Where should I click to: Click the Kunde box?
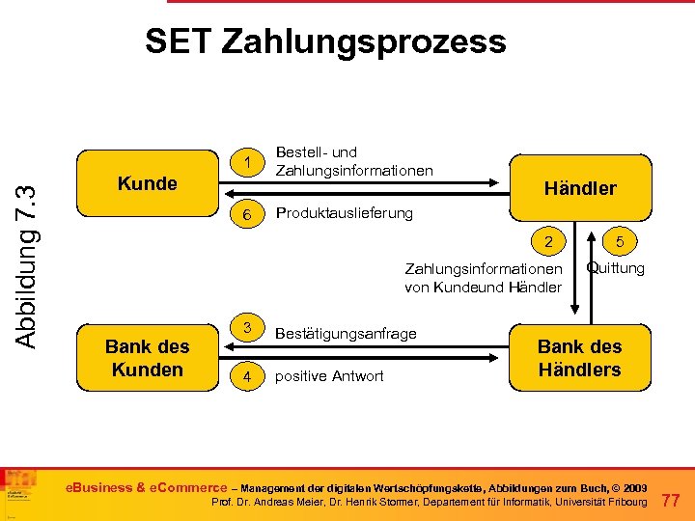147,183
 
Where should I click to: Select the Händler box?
579,188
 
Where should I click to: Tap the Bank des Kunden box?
147,358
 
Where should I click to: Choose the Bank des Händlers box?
579,358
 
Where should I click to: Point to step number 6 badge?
248,214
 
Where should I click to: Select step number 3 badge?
248,328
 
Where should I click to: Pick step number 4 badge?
248,376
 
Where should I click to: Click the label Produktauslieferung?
344,213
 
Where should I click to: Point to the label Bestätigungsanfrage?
347,334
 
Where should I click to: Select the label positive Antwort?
329,376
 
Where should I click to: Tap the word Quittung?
616,268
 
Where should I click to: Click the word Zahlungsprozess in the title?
364,41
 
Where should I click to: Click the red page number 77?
673,499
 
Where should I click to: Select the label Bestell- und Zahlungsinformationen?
354,161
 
